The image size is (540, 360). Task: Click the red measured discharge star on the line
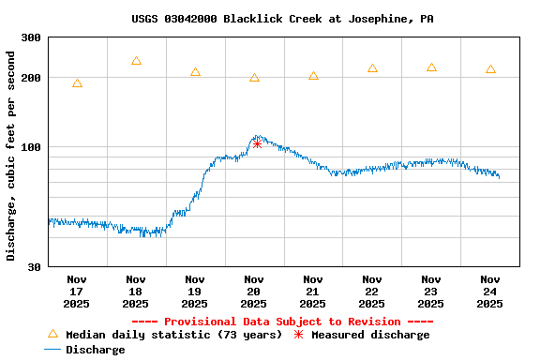click(x=257, y=143)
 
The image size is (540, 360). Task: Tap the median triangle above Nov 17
click(x=77, y=83)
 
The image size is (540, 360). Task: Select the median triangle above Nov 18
click(x=136, y=61)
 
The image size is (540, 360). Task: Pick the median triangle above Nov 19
click(x=195, y=72)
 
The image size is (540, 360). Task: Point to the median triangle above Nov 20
click(x=254, y=78)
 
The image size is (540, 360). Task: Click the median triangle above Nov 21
click(x=313, y=76)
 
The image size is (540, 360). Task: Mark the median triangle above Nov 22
click(x=372, y=68)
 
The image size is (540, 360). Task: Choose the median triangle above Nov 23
click(x=431, y=67)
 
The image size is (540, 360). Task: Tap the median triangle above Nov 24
click(x=490, y=69)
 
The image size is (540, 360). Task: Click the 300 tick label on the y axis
click(x=31, y=37)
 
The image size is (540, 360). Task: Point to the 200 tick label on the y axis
click(x=31, y=78)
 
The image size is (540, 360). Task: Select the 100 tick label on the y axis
click(x=31, y=147)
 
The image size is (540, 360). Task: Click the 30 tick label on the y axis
click(x=34, y=267)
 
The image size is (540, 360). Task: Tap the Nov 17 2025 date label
click(x=77, y=291)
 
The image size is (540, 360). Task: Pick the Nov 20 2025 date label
click(x=254, y=291)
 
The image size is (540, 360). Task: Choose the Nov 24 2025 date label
click(x=490, y=291)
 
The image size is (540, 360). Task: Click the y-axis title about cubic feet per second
click(x=11, y=155)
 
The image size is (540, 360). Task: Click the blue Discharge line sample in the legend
click(x=52, y=350)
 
